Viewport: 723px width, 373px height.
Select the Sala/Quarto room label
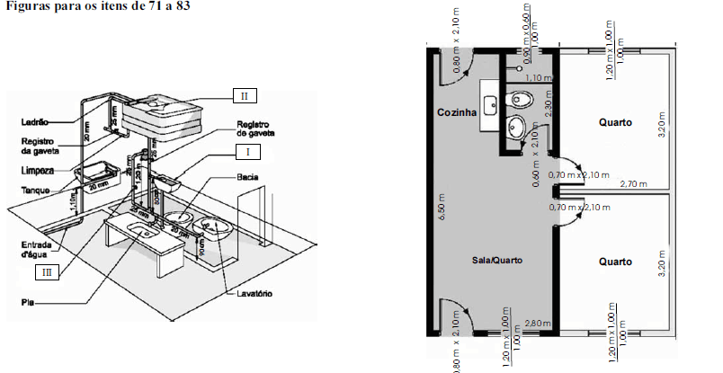pyautogui.click(x=496, y=259)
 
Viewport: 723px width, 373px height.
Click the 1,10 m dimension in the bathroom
pyautogui.click(x=538, y=78)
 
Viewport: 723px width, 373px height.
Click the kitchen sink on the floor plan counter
pyautogui.click(x=490, y=104)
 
